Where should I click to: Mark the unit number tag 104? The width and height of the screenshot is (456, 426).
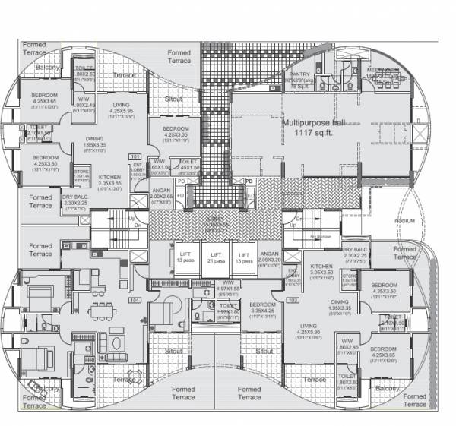click(x=135, y=301)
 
